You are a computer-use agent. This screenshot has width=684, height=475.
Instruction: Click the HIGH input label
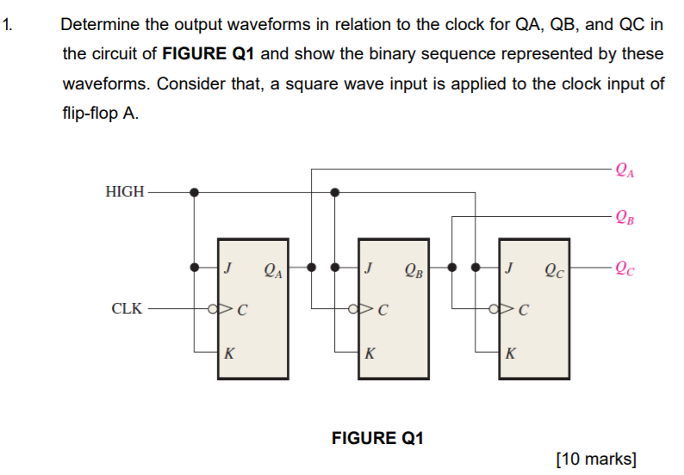(x=125, y=192)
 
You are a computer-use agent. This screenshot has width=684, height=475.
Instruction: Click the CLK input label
(x=127, y=307)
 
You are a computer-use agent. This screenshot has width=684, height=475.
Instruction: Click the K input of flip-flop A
(x=228, y=352)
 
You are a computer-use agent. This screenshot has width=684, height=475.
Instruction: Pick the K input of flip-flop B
(x=370, y=352)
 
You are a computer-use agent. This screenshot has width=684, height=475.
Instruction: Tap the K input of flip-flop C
(x=511, y=352)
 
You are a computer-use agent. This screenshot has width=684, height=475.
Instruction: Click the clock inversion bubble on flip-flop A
(x=212, y=307)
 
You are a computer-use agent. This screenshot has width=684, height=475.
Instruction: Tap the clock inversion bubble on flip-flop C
(x=494, y=307)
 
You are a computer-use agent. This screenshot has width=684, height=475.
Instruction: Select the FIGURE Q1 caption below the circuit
(x=377, y=438)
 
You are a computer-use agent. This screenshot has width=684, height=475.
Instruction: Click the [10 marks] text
(x=597, y=458)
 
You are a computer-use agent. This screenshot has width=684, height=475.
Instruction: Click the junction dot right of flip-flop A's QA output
(x=311, y=267)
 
